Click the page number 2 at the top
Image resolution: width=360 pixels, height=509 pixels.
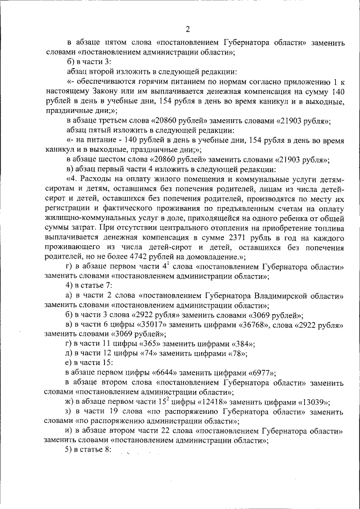[x=187, y=29]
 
